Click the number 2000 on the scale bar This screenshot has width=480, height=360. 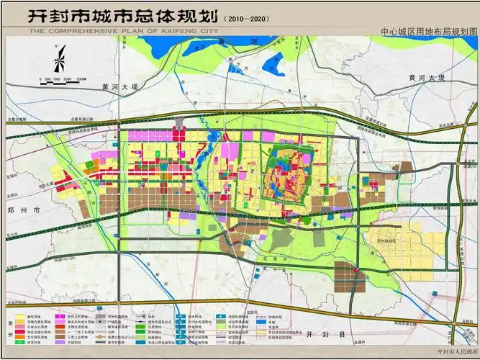[x=66, y=78]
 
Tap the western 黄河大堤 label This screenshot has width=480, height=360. [x=113, y=86]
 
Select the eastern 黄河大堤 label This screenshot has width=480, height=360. [x=422, y=77]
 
